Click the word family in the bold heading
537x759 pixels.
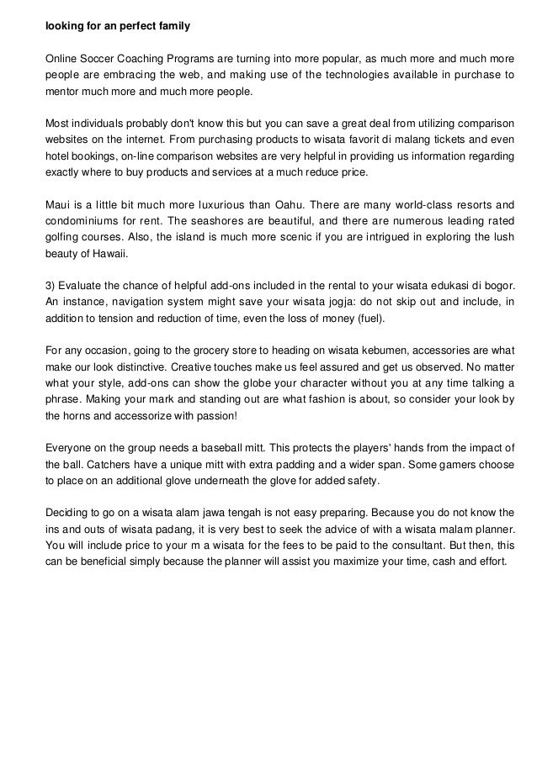(173, 27)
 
